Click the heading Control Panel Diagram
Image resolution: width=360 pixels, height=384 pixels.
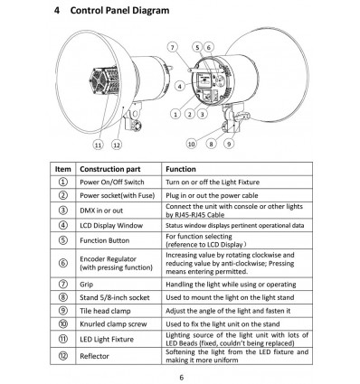point(119,11)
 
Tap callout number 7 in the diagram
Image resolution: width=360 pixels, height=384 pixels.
point(172,47)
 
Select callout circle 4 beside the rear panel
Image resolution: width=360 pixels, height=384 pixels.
point(180,87)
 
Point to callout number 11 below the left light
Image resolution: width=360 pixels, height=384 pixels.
point(98,145)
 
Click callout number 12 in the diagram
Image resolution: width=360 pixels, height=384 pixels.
point(117,145)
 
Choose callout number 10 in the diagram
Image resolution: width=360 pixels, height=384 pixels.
point(192,144)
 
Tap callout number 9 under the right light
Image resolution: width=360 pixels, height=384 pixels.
point(229,144)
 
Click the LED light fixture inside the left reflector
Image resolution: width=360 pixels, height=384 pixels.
point(104,81)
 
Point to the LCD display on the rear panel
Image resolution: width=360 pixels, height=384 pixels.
point(204,80)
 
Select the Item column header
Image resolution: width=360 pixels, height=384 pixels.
point(63,169)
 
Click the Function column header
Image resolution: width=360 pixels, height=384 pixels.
point(181,169)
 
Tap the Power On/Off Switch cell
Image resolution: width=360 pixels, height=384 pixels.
point(112,183)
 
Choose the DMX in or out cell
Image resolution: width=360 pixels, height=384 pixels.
point(101,211)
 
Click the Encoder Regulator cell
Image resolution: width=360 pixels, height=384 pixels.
point(116,263)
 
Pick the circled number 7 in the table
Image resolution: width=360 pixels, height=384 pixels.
point(63,285)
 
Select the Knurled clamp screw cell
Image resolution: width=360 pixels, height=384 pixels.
point(113,324)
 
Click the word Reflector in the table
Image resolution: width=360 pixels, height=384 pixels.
point(94,356)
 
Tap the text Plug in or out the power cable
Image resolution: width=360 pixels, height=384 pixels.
point(212,195)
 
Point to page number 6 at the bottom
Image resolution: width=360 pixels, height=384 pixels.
point(181,378)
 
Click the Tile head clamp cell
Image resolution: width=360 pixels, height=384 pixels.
point(105,311)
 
